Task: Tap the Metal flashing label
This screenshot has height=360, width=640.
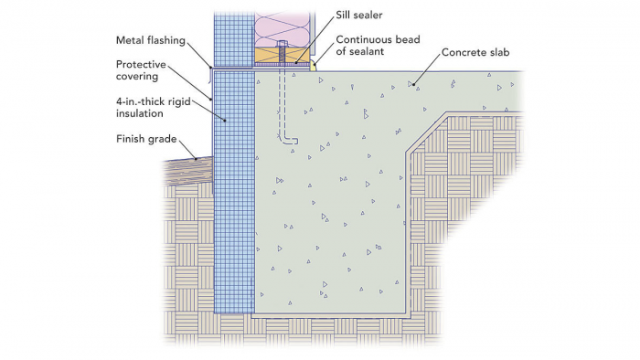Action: (x=150, y=41)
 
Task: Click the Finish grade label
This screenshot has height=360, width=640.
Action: (x=147, y=139)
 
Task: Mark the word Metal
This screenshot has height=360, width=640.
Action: (x=133, y=41)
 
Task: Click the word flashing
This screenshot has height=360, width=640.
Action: (x=167, y=41)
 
